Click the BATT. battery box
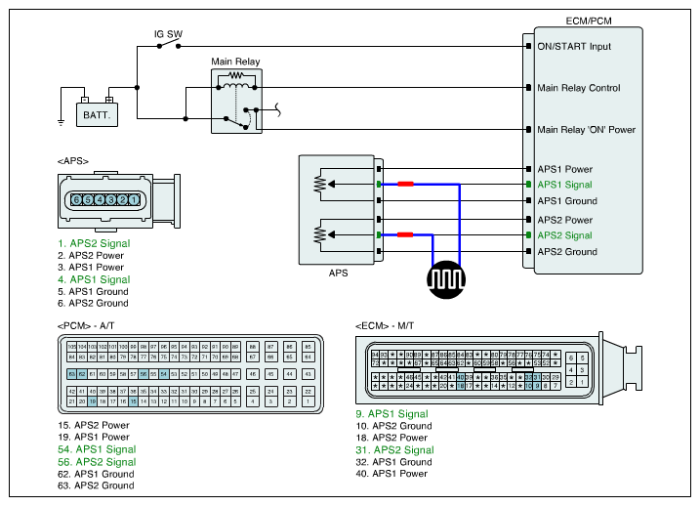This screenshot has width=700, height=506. click(x=96, y=115)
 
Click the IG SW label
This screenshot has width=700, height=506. click(x=169, y=33)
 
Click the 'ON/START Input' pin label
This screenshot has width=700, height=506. click(x=574, y=46)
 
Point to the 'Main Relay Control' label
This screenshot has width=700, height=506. click(x=579, y=88)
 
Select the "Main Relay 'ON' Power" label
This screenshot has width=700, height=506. click(x=587, y=129)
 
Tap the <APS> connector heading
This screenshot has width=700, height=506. click(x=73, y=160)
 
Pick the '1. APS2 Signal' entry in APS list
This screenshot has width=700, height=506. click(x=94, y=243)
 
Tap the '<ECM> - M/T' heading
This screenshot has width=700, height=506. click(x=394, y=324)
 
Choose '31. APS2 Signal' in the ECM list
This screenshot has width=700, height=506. click(x=394, y=450)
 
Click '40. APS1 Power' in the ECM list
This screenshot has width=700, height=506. click(x=392, y=474)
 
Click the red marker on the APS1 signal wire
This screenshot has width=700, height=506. click(x=404, y=185)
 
